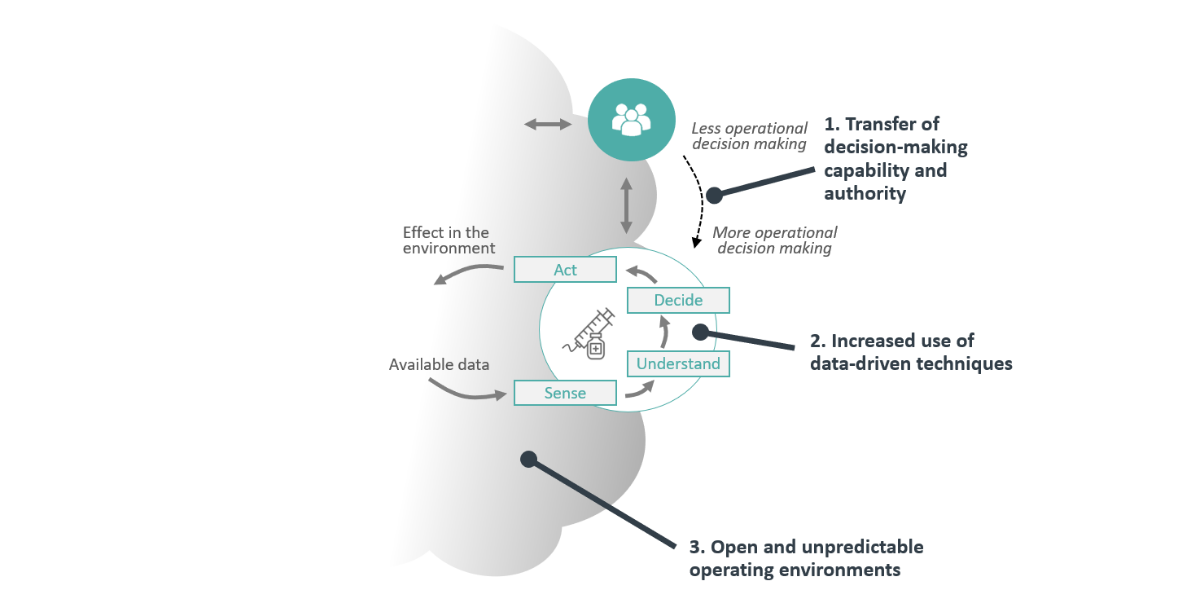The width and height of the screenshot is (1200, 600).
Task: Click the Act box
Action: coord(564,270)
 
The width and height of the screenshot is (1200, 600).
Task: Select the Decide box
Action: coord(678,300)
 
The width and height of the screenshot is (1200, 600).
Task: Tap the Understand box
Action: coord(678,364)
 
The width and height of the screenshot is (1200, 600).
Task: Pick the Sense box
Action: coord(564,393)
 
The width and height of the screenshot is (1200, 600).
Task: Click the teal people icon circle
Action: coord(630,120)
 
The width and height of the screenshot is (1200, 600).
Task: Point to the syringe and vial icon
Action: coord(590,334)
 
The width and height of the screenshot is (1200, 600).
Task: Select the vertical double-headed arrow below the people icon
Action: coord(627,207)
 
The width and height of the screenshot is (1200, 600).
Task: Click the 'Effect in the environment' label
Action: coord(449,240)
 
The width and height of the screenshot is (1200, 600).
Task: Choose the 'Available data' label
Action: coord(439,365)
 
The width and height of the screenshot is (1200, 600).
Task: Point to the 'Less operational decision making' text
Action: coord(749,136)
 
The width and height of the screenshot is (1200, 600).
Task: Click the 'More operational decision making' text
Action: coord(774,240)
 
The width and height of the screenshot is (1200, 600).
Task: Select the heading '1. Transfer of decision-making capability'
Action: coord(895,158)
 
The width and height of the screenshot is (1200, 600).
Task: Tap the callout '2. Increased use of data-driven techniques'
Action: coord(911,352)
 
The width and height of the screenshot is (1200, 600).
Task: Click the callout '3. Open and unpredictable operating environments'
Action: coord(805,558)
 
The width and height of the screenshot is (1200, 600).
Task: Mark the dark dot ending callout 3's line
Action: coord(529,459)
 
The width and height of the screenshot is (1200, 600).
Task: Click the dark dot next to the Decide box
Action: coord(700,331)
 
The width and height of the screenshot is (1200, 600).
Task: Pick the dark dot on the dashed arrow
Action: coord(714,196)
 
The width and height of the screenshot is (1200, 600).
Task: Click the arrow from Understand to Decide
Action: coord(664,333)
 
